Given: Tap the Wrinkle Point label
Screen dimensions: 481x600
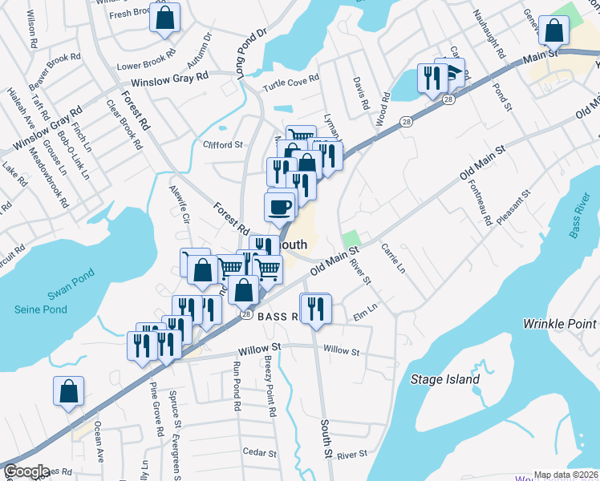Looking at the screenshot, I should pos(559,324).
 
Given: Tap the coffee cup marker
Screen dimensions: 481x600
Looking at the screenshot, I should pos(279,208).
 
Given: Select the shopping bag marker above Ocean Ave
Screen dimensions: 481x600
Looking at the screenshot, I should pos(69,391).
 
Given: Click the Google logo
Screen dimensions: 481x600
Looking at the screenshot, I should pos(26,471).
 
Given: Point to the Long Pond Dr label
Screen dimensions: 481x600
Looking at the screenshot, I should pos(250,54).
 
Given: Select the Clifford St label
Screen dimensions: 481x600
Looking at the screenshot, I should pos(222,145).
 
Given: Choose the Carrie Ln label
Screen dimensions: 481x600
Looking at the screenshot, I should pos(392,258).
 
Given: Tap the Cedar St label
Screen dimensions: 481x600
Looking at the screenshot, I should pos(259,452).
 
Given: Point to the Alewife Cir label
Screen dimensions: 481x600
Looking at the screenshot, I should pos(178,204).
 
